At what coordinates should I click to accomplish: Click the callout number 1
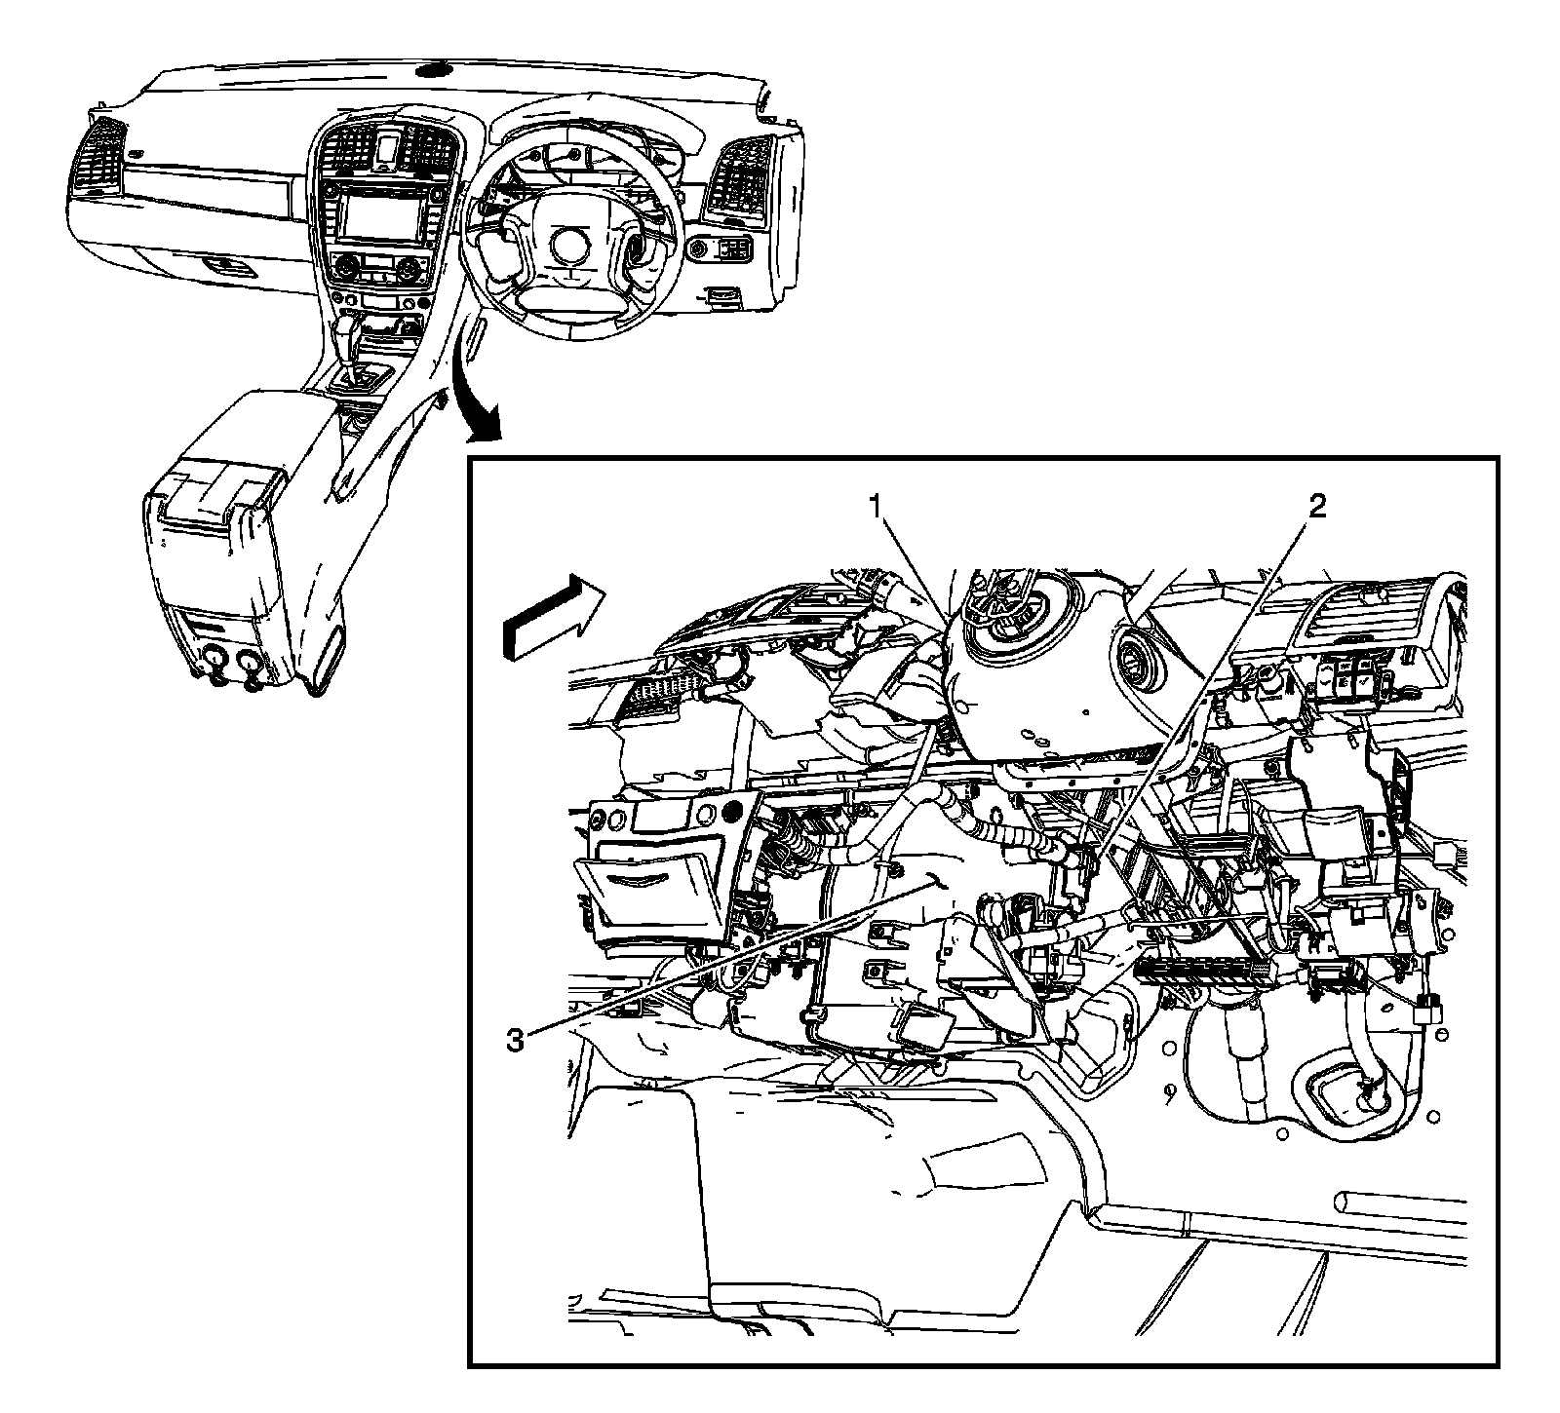pyautogui.click(x=877, y=505)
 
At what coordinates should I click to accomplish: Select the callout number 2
pyautogui.click(x=1316, y=505)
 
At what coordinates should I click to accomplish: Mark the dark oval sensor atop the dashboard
pyautogui.click(x=430, y=71)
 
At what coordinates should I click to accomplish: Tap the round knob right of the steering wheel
pyautogui.click(x=698, y=250)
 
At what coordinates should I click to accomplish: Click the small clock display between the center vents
pyautogui.click(x=388, y=149)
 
